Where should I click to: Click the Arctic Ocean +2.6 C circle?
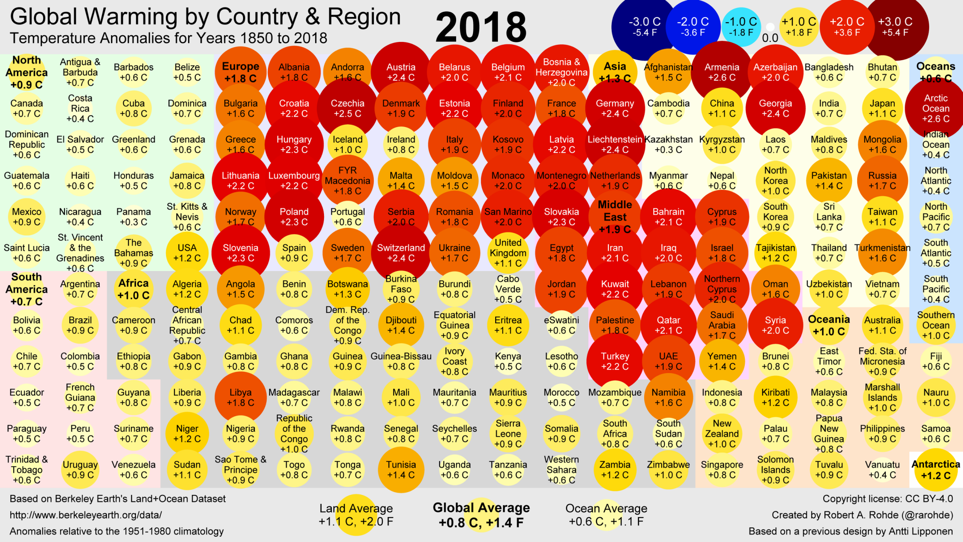936,109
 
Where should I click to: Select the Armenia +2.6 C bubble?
722,72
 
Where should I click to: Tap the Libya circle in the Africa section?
241,398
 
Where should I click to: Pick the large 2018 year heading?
481,27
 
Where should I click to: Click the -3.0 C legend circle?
645,26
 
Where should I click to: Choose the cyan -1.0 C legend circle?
741,27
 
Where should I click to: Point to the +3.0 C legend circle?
895,26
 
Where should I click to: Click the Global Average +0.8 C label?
481,515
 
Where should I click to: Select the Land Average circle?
356,515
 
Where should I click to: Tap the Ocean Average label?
606,515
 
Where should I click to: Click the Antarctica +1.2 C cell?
936,470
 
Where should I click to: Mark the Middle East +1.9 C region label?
615,217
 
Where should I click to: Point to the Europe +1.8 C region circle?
241,72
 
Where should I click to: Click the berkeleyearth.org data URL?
86,515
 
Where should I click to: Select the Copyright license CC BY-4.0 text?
887,499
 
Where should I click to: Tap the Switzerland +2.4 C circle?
401,253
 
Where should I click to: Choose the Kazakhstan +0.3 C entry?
668,144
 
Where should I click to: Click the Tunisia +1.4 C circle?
401,470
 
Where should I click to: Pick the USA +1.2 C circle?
187,253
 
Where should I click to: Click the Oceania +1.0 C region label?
829,325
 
